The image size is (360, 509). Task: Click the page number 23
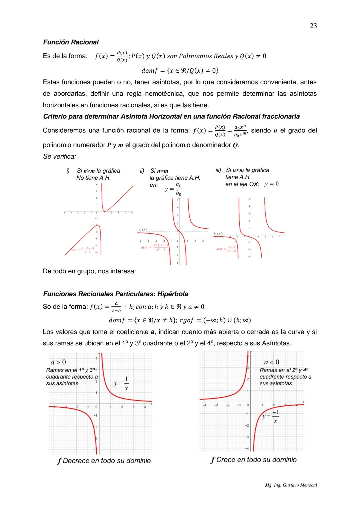(x=313, y=26)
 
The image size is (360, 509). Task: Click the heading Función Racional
(x=71, y=42)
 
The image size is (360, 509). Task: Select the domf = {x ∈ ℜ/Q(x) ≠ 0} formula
(x=180, y=71)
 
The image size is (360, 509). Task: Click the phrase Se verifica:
(x=59, y=156)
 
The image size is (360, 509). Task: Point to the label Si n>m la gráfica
(x=98, y=171)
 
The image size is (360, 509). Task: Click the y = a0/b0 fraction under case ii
(x=174, y=189)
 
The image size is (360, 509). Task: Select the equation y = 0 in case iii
(x=271, y=184)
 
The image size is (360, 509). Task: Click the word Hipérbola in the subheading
(x=173, y=294)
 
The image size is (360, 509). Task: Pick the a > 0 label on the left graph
(x=58, y=362)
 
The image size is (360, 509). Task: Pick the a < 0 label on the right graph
(x=271, y=362)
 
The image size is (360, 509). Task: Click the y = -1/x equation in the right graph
(x=271, y=417)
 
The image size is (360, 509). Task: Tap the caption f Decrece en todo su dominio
(x=104, y=461)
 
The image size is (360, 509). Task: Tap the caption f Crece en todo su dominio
(x=253, y=460)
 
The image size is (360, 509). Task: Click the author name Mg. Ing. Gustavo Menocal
(x=291, y=485)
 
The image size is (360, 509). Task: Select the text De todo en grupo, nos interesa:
(x=89, y=271)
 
